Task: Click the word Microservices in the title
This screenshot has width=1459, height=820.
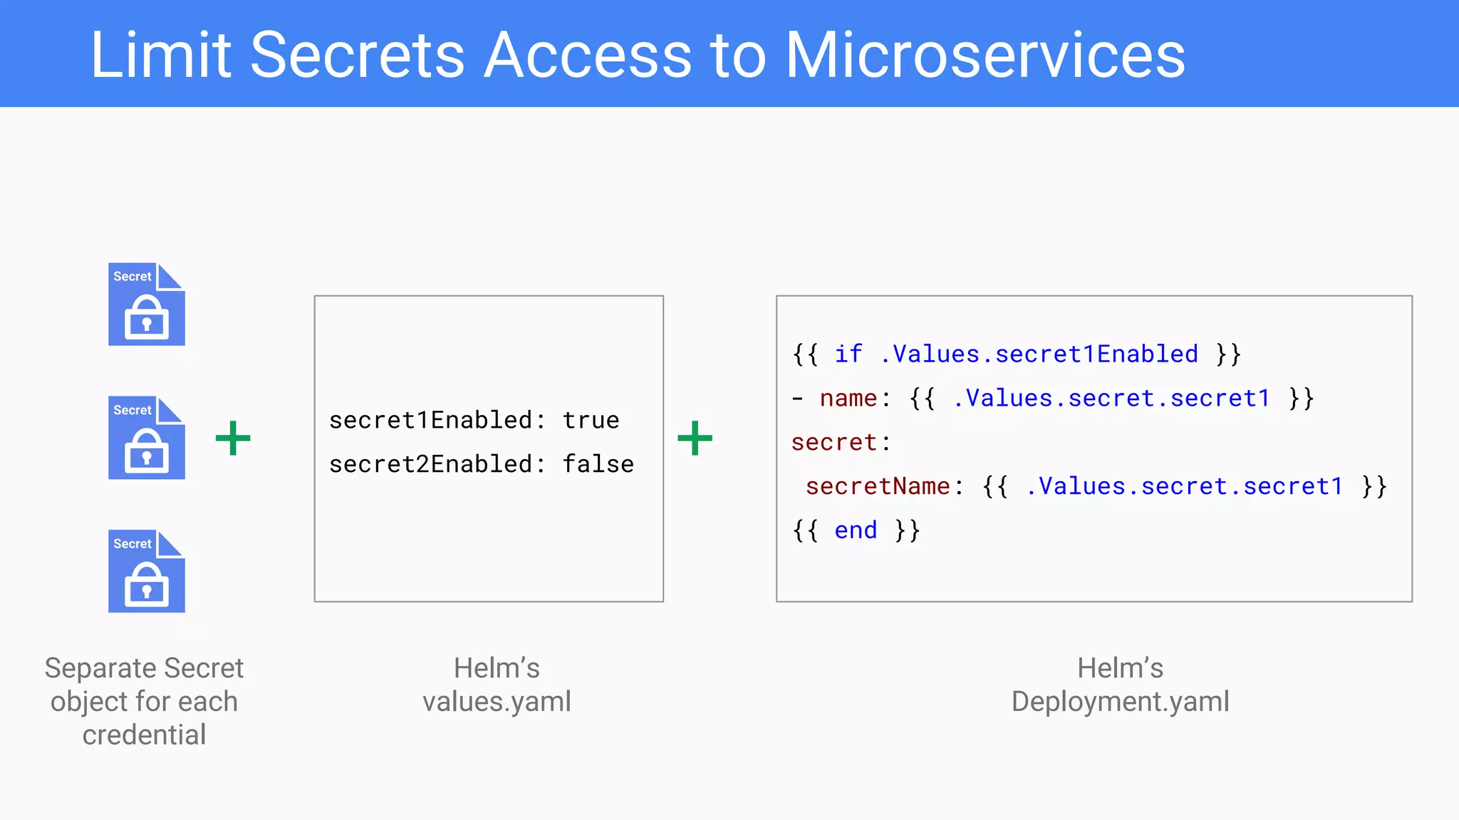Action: coord(985,56)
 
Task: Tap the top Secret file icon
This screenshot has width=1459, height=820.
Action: coord(147,305)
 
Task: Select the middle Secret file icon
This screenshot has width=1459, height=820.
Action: coord(147,438)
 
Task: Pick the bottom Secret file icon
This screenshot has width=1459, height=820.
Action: coord(147,572)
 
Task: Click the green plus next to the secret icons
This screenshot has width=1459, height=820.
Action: coord(233,438)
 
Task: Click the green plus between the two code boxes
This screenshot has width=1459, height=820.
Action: coord(695,438)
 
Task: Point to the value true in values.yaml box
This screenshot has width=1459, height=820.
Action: coord(591,420)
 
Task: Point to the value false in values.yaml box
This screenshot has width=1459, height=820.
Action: coord(598,464)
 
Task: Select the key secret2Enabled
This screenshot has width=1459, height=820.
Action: coord(430,464)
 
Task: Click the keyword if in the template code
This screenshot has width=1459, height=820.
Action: coord(848,354)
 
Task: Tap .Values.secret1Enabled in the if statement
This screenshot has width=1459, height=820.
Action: coord(1039,354)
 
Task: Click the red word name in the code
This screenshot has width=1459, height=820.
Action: coord(848,398)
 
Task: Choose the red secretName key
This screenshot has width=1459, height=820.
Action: coord(877,486)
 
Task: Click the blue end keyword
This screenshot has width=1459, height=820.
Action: coord(855,530)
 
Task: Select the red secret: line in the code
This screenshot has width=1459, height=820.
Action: coord(834,442)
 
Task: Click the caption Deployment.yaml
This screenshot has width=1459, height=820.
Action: coord(1120,702)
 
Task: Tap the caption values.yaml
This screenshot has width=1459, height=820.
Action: coord(497,702)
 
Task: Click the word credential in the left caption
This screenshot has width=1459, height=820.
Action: coord(144,735)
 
